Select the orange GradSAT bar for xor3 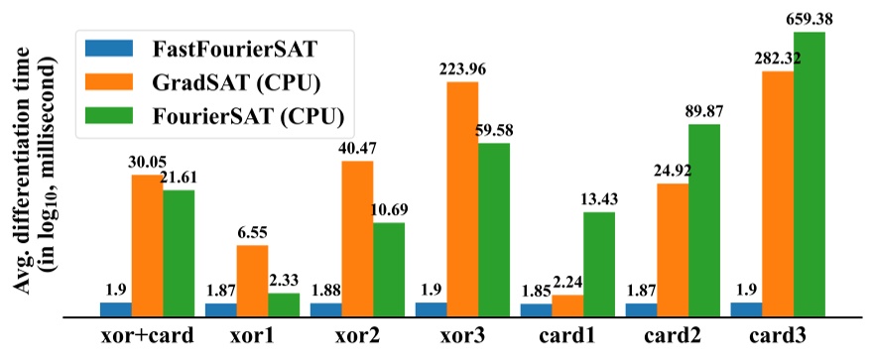(462, 198)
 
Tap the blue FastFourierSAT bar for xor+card (116, 309)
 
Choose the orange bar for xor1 (252, 281)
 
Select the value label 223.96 (462, 70)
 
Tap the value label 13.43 (598, 199)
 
